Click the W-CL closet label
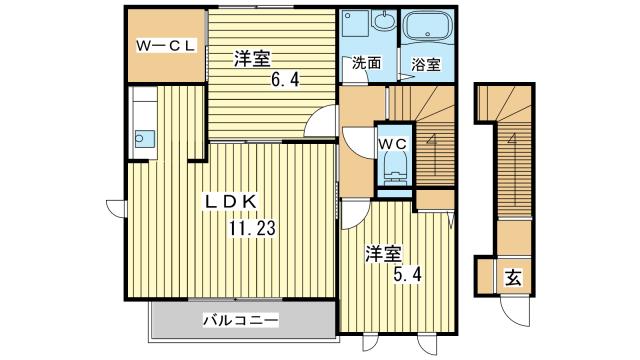167,44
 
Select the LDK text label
232,203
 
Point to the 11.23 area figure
250,227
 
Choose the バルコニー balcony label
240,320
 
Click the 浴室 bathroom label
425,65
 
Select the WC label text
392,143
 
